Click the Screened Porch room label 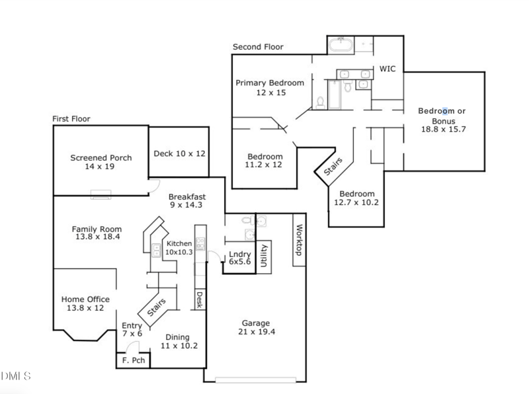click(101, 157)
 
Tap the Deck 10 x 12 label click(179, 153)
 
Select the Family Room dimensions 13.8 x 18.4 click(97, 237)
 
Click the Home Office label click(85, 299)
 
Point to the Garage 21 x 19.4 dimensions click(257, 332)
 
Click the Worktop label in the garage click(299, 240)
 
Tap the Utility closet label click(264, 256)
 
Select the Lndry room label click(240, 254)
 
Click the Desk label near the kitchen click(200, 299)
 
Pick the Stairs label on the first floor click(157, 307)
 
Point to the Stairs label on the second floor click(333, 167)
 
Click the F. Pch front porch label click(134, 360)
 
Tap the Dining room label click(177, 337)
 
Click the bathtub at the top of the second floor click(341, 44)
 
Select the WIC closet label click(387, 69)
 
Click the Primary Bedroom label click(270, 83)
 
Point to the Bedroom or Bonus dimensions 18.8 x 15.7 click(443, 129)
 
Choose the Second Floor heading click(258, 47)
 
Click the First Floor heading click(71, 119)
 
